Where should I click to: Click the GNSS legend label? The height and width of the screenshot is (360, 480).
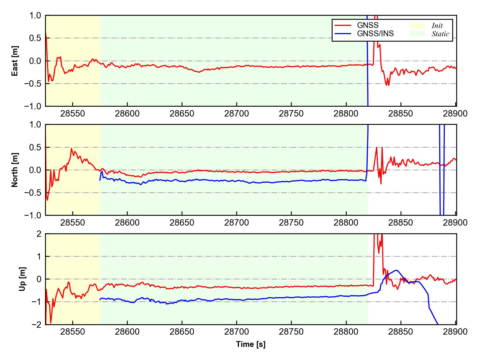(368, 25)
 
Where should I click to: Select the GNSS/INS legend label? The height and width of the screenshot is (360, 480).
(375, 34)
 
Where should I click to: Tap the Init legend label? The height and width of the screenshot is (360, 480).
(437, 26)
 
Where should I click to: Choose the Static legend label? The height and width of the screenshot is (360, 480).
(440, 34)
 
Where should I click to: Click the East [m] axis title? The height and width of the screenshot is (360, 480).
(15, 61)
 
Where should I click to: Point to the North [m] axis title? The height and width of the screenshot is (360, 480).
(15, 170)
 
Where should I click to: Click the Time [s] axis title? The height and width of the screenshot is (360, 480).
(251, 344)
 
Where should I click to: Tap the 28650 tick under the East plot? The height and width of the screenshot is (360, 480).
(182, 114)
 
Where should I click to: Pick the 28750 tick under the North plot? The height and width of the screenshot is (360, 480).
(291, 223)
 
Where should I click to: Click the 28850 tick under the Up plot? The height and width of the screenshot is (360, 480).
(401, 332)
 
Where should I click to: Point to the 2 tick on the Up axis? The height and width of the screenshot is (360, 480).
(39, 234)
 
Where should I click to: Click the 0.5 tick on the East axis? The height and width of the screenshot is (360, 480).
(35, 38)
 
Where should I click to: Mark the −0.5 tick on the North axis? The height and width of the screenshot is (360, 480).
(33, 193)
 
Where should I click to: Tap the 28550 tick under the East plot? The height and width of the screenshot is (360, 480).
(73, 114)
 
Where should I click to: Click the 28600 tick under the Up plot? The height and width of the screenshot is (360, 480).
(127, 332)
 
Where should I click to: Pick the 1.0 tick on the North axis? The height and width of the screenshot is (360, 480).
(35, 125)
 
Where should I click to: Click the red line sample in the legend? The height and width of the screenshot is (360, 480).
(343, 26)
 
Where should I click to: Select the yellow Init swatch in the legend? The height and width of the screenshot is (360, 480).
(417, 25)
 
